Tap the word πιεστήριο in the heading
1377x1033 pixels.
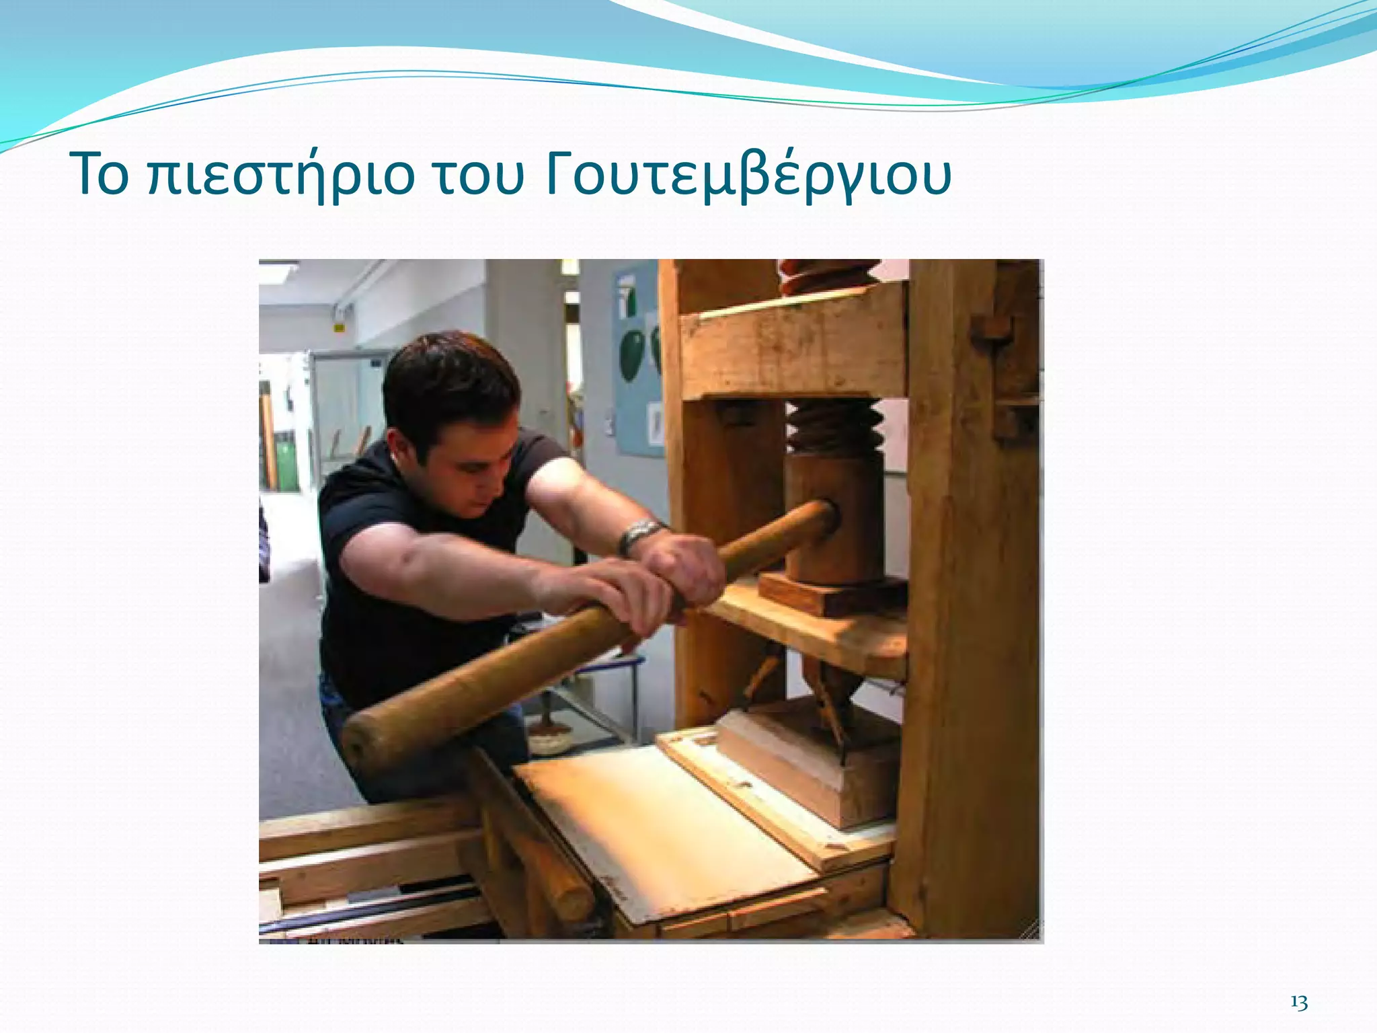coord(281,176)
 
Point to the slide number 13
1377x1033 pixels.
coord(1299,1003)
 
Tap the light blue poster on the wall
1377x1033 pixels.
coord(637,356)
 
